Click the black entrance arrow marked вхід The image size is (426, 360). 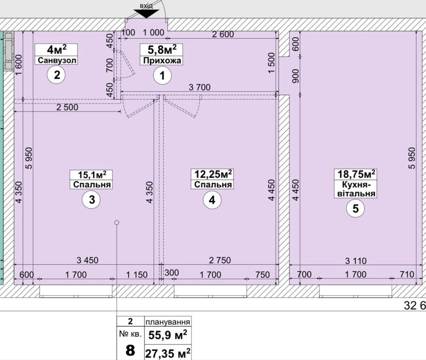tap(146, 14)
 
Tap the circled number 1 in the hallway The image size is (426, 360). tap(162, 76)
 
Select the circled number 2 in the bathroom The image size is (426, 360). tap(57, 75)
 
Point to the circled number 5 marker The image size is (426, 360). tap(355, 208)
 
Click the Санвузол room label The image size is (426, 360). tap(57, 60)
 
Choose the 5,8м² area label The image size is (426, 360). tap(162, 50)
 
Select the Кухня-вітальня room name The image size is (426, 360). tap(356, 189)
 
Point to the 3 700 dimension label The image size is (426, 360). tap(200, 87)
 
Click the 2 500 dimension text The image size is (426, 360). tap(67, 107)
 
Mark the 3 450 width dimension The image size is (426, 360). tap(87, 260)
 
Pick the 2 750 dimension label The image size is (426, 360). tap(220, 260)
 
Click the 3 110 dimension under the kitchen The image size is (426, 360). tap(356, 261)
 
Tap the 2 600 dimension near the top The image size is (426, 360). tap(223, 34)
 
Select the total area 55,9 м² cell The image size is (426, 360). tap(168, 334)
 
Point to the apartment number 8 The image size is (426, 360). tap(130, 348)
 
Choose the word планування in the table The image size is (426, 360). tap(168, 322)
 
